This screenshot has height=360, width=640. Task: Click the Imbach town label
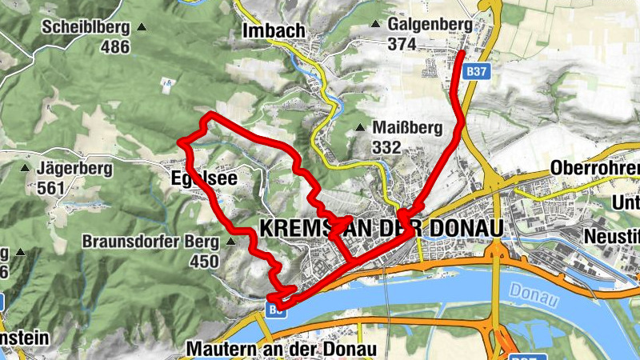(273, 30)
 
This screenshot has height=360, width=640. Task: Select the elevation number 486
(115, 46)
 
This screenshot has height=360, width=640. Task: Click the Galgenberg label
(430, 25)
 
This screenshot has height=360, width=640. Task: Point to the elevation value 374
(402, 45)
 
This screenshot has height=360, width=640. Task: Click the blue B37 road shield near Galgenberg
(477, 71)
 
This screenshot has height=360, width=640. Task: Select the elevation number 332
(386, 147)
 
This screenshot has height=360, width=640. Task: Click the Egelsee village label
(204, 178)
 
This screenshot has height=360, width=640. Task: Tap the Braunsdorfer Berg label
(150, 241)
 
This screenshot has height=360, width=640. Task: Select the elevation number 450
(204, 261)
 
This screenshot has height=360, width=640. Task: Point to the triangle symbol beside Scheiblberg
(142, 27)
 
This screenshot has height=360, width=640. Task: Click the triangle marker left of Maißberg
(362, 127)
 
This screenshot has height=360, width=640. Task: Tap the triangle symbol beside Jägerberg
(25, 169)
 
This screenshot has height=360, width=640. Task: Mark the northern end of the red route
(464, 53)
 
